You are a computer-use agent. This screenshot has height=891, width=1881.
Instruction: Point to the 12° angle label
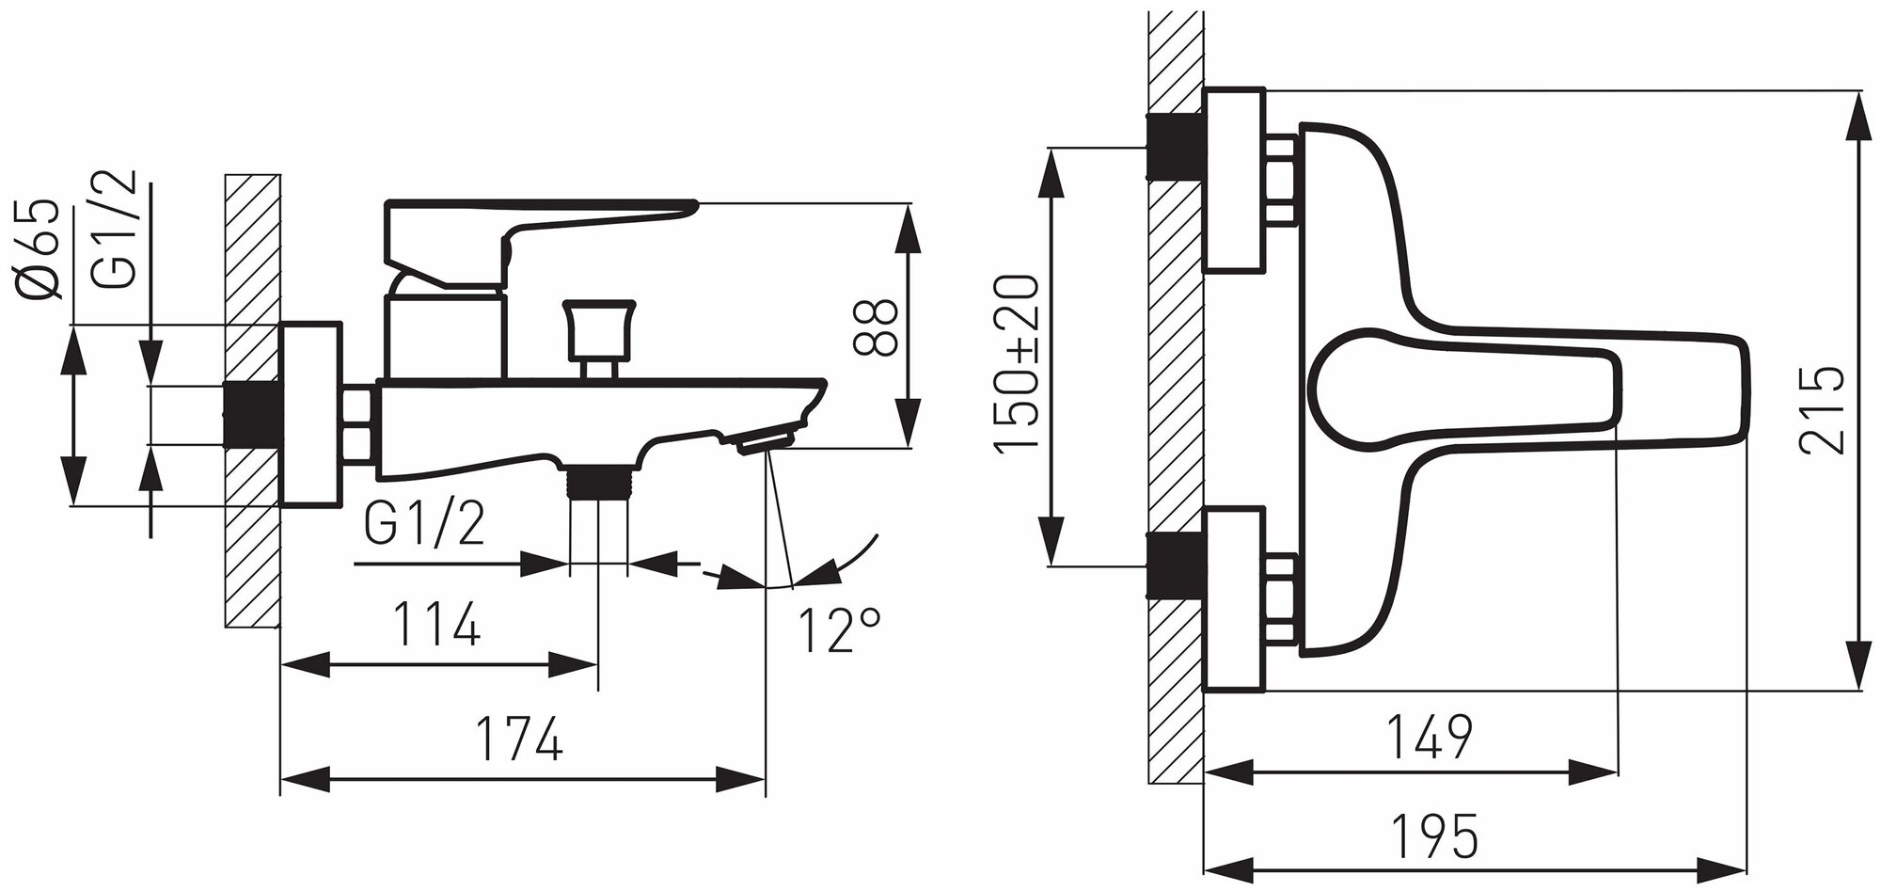click(x=839, y=630)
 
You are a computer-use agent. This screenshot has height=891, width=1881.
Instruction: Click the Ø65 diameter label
click(x=39, y=249)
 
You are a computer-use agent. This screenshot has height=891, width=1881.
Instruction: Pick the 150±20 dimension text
click(x=1018, y=362)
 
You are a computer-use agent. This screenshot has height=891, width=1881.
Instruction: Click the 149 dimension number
click(x=1429, y=738)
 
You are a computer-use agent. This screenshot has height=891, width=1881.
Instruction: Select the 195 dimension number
click(x=1434, y=835)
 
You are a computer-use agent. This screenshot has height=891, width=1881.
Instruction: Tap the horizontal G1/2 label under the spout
click(x=424, y=526)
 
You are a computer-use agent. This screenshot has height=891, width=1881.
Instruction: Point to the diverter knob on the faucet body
click(x=596, y=334)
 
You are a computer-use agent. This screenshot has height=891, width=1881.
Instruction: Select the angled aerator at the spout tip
click(x=766, y=440)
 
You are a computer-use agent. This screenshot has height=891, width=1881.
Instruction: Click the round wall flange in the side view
click(x=310, y=415)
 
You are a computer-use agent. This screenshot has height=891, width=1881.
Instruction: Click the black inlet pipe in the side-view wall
click(x=252, y=415)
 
